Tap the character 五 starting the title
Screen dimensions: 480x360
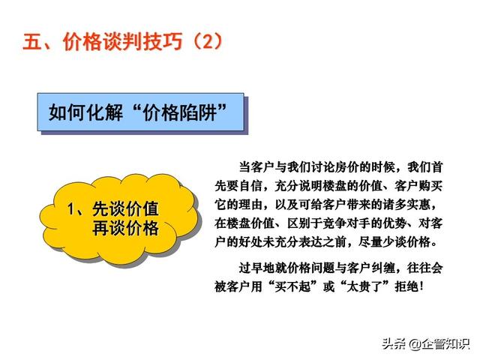[x=32, y=41]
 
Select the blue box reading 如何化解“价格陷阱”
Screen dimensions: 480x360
[x=141, y=112]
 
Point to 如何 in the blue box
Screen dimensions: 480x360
[x=67, y=112]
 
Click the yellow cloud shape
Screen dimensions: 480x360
[x=120, y=219]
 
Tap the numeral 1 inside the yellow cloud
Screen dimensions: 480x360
[x=71, y=209]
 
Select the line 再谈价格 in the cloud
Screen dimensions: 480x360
[x=125, y=228]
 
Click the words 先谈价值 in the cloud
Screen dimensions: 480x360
[x=125, y=209]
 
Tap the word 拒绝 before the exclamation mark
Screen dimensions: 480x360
[x=406, y=286]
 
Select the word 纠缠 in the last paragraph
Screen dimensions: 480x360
[x=382, y=268]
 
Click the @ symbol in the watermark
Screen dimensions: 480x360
[x=415, y=344]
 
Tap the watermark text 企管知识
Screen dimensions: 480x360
[x=445, y=344]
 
